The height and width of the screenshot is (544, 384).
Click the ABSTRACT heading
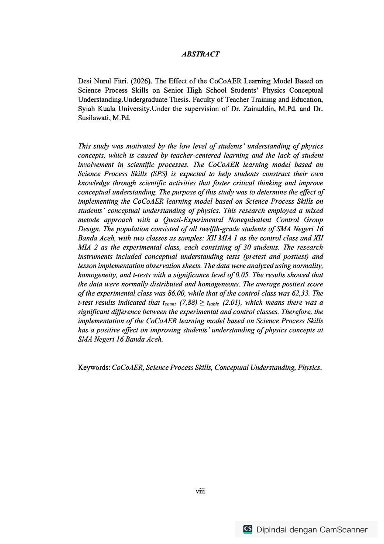(x=200, y=54)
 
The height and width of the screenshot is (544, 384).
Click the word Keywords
(x=94, y=368)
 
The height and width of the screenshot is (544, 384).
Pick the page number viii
(x=200, y=491)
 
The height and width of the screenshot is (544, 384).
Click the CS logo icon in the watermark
(x=248, y=529)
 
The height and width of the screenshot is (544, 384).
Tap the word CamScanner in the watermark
(x=343, y=530)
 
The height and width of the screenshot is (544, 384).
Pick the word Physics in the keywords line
(x=309, y=368)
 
